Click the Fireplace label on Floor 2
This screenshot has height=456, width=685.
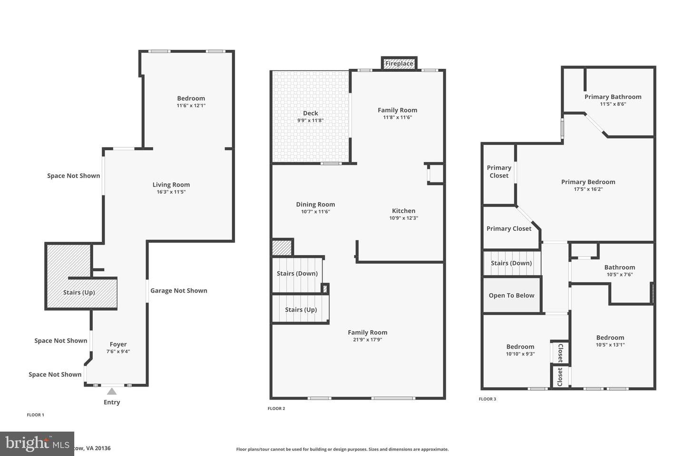(399, 64)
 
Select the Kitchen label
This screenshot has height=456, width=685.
(403, 211)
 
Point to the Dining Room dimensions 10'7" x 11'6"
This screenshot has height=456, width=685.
(315, 212)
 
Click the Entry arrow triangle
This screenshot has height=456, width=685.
(112, 391)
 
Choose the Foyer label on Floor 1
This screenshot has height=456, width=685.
(118, 344)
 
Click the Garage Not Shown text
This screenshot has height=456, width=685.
(178, 291)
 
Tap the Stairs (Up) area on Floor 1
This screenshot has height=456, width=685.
(79, 293)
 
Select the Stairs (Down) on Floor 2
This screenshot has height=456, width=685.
(297, 274)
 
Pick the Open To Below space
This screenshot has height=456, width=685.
(511, 295)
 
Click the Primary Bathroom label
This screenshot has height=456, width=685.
(613, 97)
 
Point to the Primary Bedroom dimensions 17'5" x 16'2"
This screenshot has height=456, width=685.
(588, 189)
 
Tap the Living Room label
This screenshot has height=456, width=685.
(171, 185)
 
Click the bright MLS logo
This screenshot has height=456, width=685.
(37, 444)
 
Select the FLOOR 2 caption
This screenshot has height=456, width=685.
(276, 408)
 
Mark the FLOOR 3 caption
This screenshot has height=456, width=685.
(487, 399)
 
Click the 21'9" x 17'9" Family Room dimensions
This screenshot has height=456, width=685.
(367, 340)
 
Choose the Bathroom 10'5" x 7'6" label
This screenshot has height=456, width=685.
(619, 267)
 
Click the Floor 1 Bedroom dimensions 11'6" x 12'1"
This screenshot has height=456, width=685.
(191, 105)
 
